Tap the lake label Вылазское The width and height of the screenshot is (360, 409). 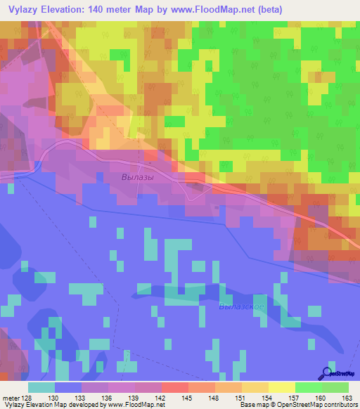pos(241,306)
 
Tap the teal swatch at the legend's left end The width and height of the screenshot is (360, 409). pos(41,387)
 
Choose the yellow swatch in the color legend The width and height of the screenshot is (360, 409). pos(281,387)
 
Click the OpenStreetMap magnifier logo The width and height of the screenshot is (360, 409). pos(326,373)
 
